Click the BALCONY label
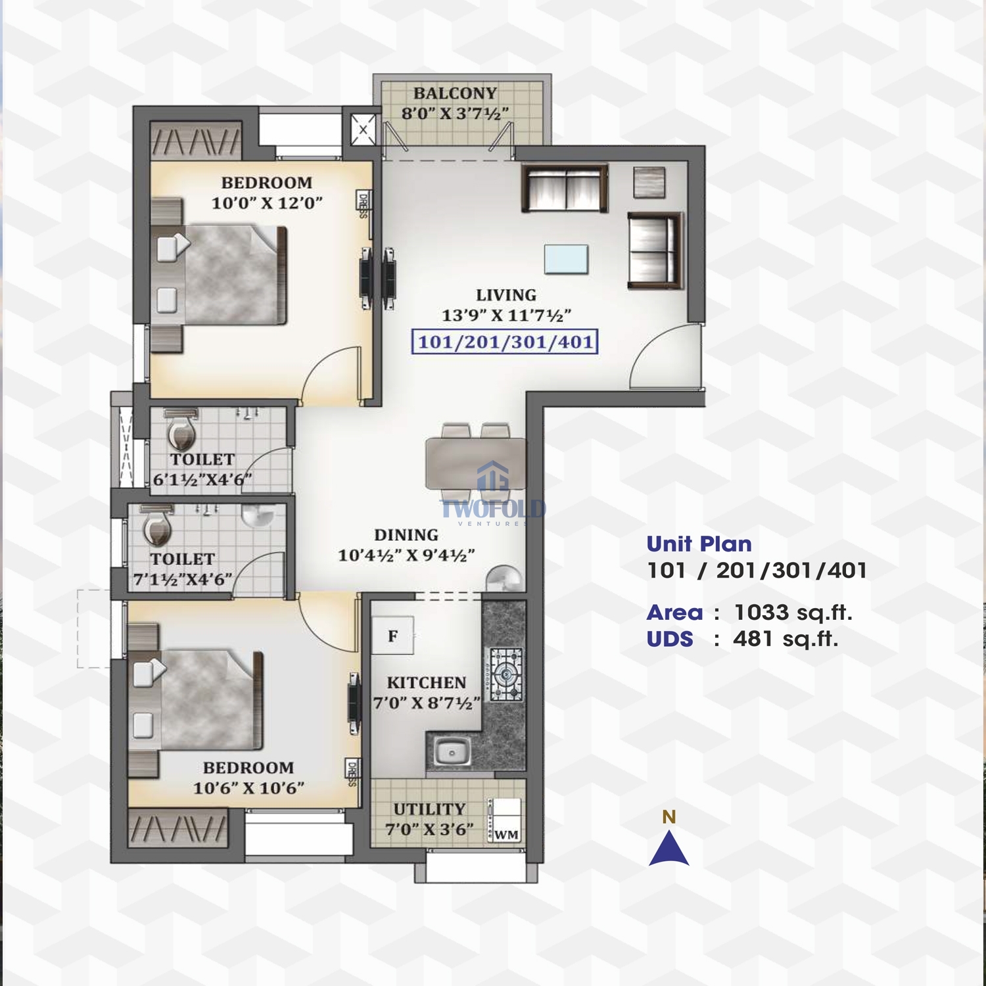pyautogui.click(x=455, y=93)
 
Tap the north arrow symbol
pyautogui.click(x=669, y=848)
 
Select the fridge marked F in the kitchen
pyautogui.click(x=392, y=635)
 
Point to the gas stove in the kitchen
pyautogui.click(x=505, y=674)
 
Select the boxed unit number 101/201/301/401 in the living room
pyautogui.click(x=505, y=342)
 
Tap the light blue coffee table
pyautogui.click(x=566, y=259)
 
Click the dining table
pyautogui.click(x=476, y=463)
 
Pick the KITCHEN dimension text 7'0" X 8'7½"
pyautogui.click(x=427, y=703)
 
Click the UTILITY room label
pyautogui.click(x=429, y=809)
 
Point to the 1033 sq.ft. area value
pyautogui.click(x=793, y=613)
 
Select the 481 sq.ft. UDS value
pyautogui.click(x=786, y=639)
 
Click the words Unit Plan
pyautogui.click(x=699, y=544)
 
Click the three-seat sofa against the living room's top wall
pyautogui.click(x=565, y=188)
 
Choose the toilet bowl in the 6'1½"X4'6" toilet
pyautogui.click(x=181, y=430)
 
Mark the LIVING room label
pyautogui.click(x=506, y=295)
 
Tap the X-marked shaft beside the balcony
pyautogui.click(x=363, y=129)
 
